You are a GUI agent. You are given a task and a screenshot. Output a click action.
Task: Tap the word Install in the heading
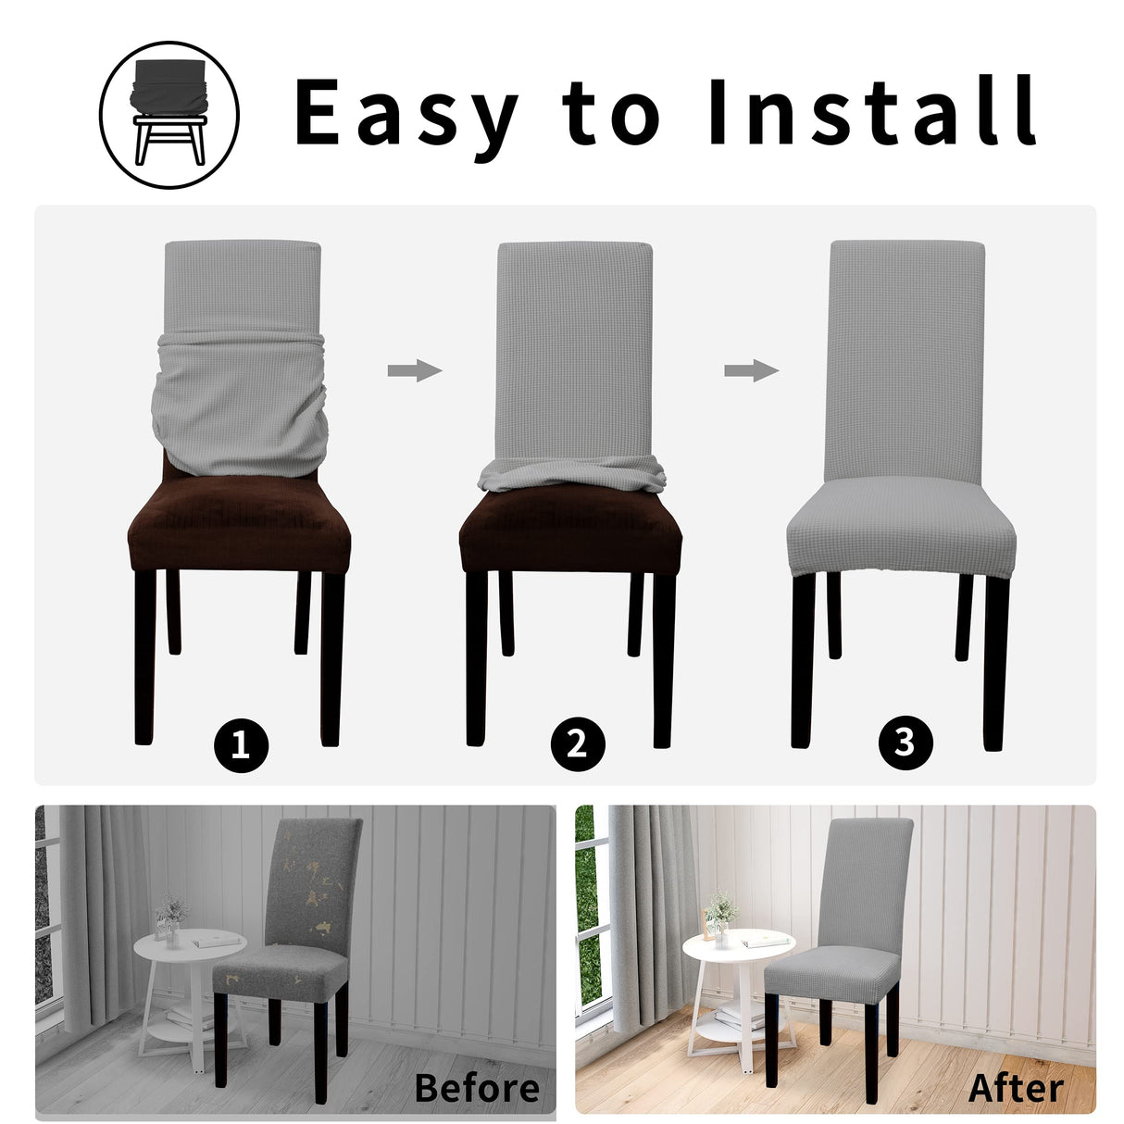click(870, 112)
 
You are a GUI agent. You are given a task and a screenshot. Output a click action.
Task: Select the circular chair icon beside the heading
click(169, 115)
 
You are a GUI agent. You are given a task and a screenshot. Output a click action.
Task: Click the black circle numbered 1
click(241, 744)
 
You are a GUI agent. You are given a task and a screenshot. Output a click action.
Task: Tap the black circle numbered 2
click(577, 744)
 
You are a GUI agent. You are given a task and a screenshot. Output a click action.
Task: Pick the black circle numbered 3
click(905, 742)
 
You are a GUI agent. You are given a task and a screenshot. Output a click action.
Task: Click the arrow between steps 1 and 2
click(414, 371)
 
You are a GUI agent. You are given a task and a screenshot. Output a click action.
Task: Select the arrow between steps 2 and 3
click(751, 371)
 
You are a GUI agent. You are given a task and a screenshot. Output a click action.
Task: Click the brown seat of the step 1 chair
click(239, 528)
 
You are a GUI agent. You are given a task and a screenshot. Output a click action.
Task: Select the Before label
click(477, 1087)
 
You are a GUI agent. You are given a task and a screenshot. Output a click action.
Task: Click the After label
click(1016, 1088)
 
